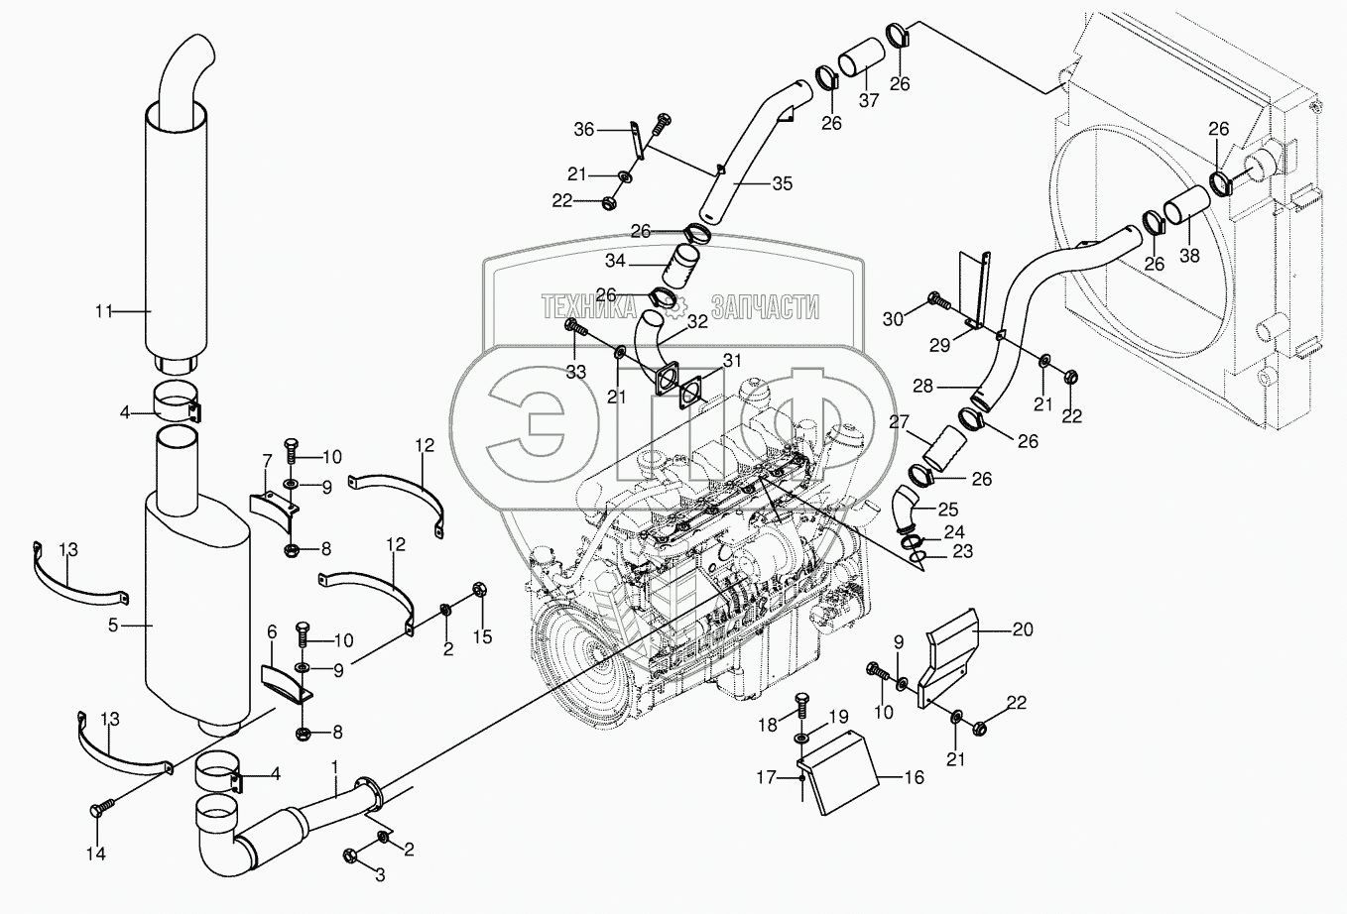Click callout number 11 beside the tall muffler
103,311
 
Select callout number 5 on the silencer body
113,626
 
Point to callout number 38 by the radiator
1188,255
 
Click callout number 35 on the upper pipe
783,183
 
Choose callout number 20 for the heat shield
1024,628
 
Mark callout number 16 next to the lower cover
914,777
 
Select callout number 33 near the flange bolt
576,371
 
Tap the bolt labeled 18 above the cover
801,711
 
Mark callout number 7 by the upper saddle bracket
266,461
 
